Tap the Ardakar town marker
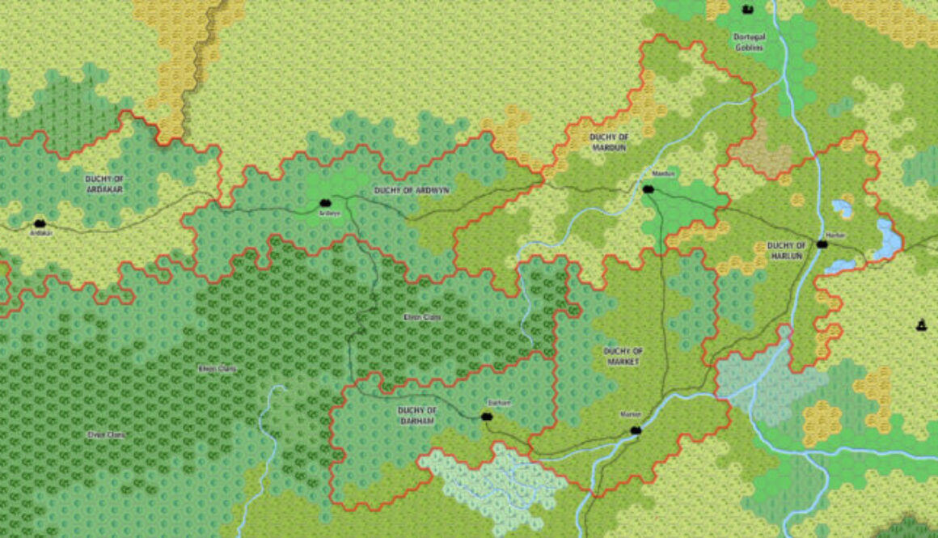pos(40,223)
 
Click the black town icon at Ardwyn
pos(325,203)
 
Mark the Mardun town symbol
pos(648,189)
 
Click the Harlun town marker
pos(822,244)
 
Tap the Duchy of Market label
pos(623,356)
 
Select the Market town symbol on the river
pos(636,430)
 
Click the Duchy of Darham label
pos(417,416)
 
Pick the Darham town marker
pos(487,417)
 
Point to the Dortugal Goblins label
pos(748,42)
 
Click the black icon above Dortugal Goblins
pos(747,9)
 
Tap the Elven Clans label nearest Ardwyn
pos(422,317)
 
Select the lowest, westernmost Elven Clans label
pos(108,434)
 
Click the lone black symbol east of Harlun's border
pos(920,325)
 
